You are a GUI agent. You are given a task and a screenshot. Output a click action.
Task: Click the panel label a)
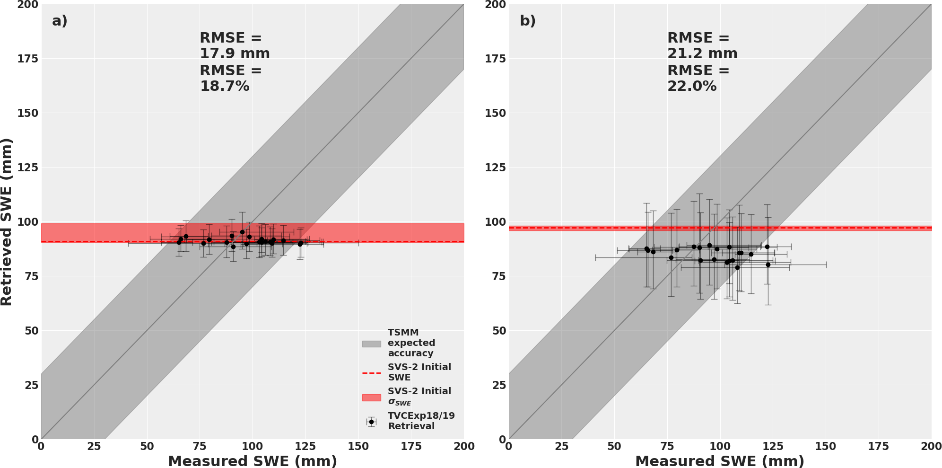(60, 21)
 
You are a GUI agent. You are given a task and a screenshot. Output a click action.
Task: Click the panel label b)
(528, 21)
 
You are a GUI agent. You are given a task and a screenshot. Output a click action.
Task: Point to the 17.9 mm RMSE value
(235, 53)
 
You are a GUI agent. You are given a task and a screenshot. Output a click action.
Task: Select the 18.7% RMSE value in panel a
(224, 86)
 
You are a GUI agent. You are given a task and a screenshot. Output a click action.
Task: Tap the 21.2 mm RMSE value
(702, 53)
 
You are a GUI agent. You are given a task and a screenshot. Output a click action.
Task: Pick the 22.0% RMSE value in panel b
(692, 86)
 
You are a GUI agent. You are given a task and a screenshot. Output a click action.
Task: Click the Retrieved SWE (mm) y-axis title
(7, 222)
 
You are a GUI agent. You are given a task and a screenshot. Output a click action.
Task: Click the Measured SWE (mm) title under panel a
(253, 461)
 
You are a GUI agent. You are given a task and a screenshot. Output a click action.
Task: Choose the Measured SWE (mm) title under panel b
(720, 461)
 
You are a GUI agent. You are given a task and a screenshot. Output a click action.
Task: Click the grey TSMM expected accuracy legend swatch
(371, 344)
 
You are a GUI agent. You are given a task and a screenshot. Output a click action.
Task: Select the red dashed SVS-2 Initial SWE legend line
(371, 373)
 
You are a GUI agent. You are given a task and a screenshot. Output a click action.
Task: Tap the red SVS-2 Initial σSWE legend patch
(371, 397)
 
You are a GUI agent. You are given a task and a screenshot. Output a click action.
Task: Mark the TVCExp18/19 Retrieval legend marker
(371, 422)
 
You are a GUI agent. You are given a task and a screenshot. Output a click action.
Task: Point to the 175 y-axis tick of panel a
(27, 59)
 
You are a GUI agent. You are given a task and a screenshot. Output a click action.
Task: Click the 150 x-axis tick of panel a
(358, 446)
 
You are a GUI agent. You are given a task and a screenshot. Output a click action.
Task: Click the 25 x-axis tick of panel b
(561, 446)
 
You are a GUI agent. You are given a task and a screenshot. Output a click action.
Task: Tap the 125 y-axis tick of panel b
(495, 168)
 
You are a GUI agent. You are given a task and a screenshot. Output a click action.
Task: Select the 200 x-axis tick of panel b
(932, 446)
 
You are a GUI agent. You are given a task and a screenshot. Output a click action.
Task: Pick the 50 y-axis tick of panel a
(32, 331)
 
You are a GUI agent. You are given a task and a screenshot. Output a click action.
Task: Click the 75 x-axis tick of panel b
(667, 446)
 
